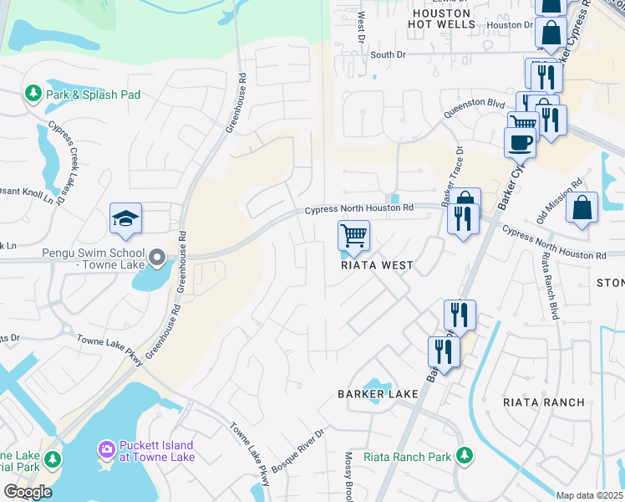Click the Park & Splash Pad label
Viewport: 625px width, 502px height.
point(93,95)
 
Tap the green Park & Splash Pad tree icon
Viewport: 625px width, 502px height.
point(33,93)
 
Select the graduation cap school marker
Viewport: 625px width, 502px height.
point(125,218)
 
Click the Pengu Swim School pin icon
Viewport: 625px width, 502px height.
point(157,255)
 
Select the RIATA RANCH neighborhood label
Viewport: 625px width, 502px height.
point(543,402)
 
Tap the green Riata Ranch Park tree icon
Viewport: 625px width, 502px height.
point(465,456)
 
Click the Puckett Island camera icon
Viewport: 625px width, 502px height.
point(106,450)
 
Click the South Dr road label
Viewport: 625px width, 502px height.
point(388,54)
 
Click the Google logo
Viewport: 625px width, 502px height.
point(27,492)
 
